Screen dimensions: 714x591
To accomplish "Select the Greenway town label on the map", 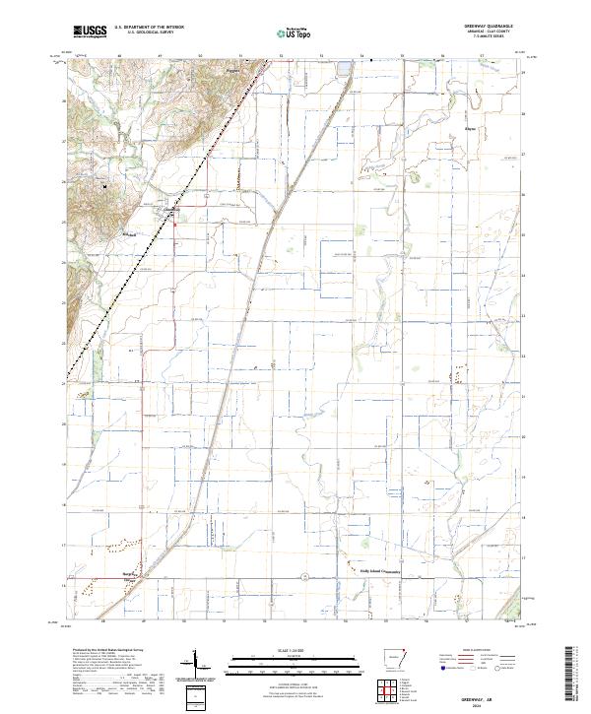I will pyautogui.click(x=169, y=209).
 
